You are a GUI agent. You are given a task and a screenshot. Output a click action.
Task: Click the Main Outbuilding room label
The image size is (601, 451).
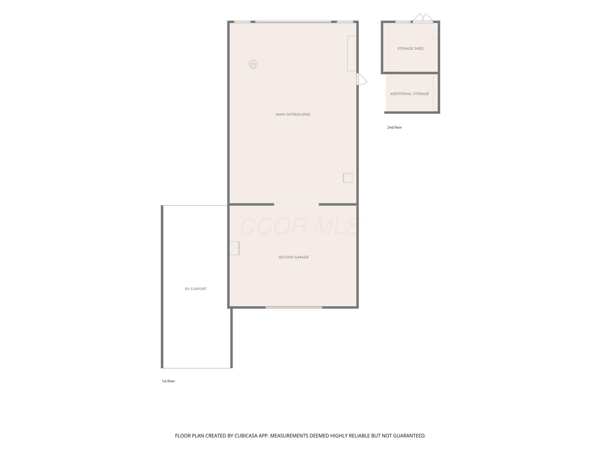coord(293,114)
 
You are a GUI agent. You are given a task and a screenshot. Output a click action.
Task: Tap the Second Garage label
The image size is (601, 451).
coord(293,257)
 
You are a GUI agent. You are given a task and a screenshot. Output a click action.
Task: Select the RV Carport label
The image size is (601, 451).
coord(196,289)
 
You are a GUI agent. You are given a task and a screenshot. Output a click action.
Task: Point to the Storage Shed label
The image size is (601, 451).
coord(410,49)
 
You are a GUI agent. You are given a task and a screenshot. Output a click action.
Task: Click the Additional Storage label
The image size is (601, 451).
coord(409,94)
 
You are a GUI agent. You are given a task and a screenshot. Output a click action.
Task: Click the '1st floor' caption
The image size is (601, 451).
coord(168,381)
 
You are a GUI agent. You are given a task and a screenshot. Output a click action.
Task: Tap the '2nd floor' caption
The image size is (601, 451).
coord(394,127)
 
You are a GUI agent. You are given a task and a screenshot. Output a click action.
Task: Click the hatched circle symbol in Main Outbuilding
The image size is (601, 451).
coord(253,64)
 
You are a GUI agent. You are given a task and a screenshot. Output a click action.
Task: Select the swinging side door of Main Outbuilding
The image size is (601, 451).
coord(362,79)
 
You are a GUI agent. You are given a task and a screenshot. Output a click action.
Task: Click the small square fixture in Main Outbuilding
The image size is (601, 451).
coord(348,178)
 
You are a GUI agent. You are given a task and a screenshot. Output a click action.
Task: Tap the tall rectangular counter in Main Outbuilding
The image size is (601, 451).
coord(352,54)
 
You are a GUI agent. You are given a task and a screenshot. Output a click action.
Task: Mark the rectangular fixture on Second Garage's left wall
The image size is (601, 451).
coord(234,248)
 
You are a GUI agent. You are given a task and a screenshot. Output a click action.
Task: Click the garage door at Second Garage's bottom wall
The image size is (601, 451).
coord(294,307)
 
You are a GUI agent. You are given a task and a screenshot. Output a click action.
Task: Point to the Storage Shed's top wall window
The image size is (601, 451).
coord(403,22)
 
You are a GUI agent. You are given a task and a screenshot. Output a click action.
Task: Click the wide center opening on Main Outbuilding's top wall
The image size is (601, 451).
coord(293,22)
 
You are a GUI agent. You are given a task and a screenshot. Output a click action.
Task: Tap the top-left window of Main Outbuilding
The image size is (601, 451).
coord(242,22)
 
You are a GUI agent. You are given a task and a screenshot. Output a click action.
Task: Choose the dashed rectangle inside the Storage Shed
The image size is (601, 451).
coord(436,35)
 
